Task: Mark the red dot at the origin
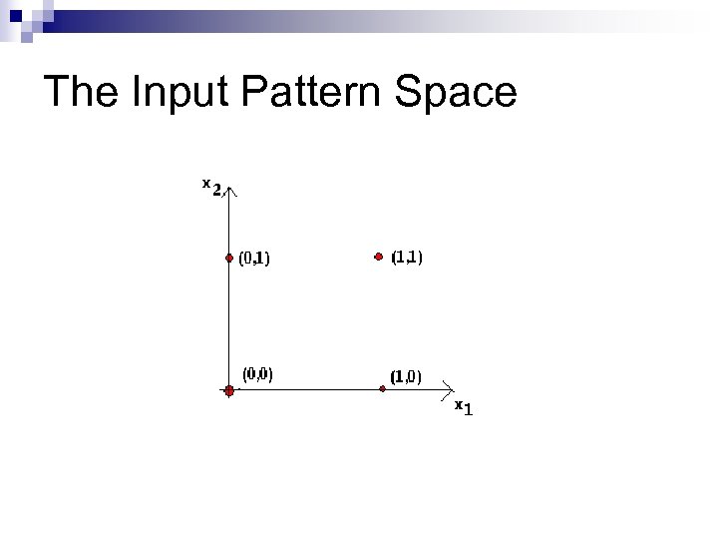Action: click(x=228, y=391)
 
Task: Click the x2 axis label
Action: click(x=211, y=187)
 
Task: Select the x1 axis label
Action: click(x=464, y=408)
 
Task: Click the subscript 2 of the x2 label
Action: click(x=216, y=190)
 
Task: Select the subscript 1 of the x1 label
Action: click(x=469, y=410)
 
